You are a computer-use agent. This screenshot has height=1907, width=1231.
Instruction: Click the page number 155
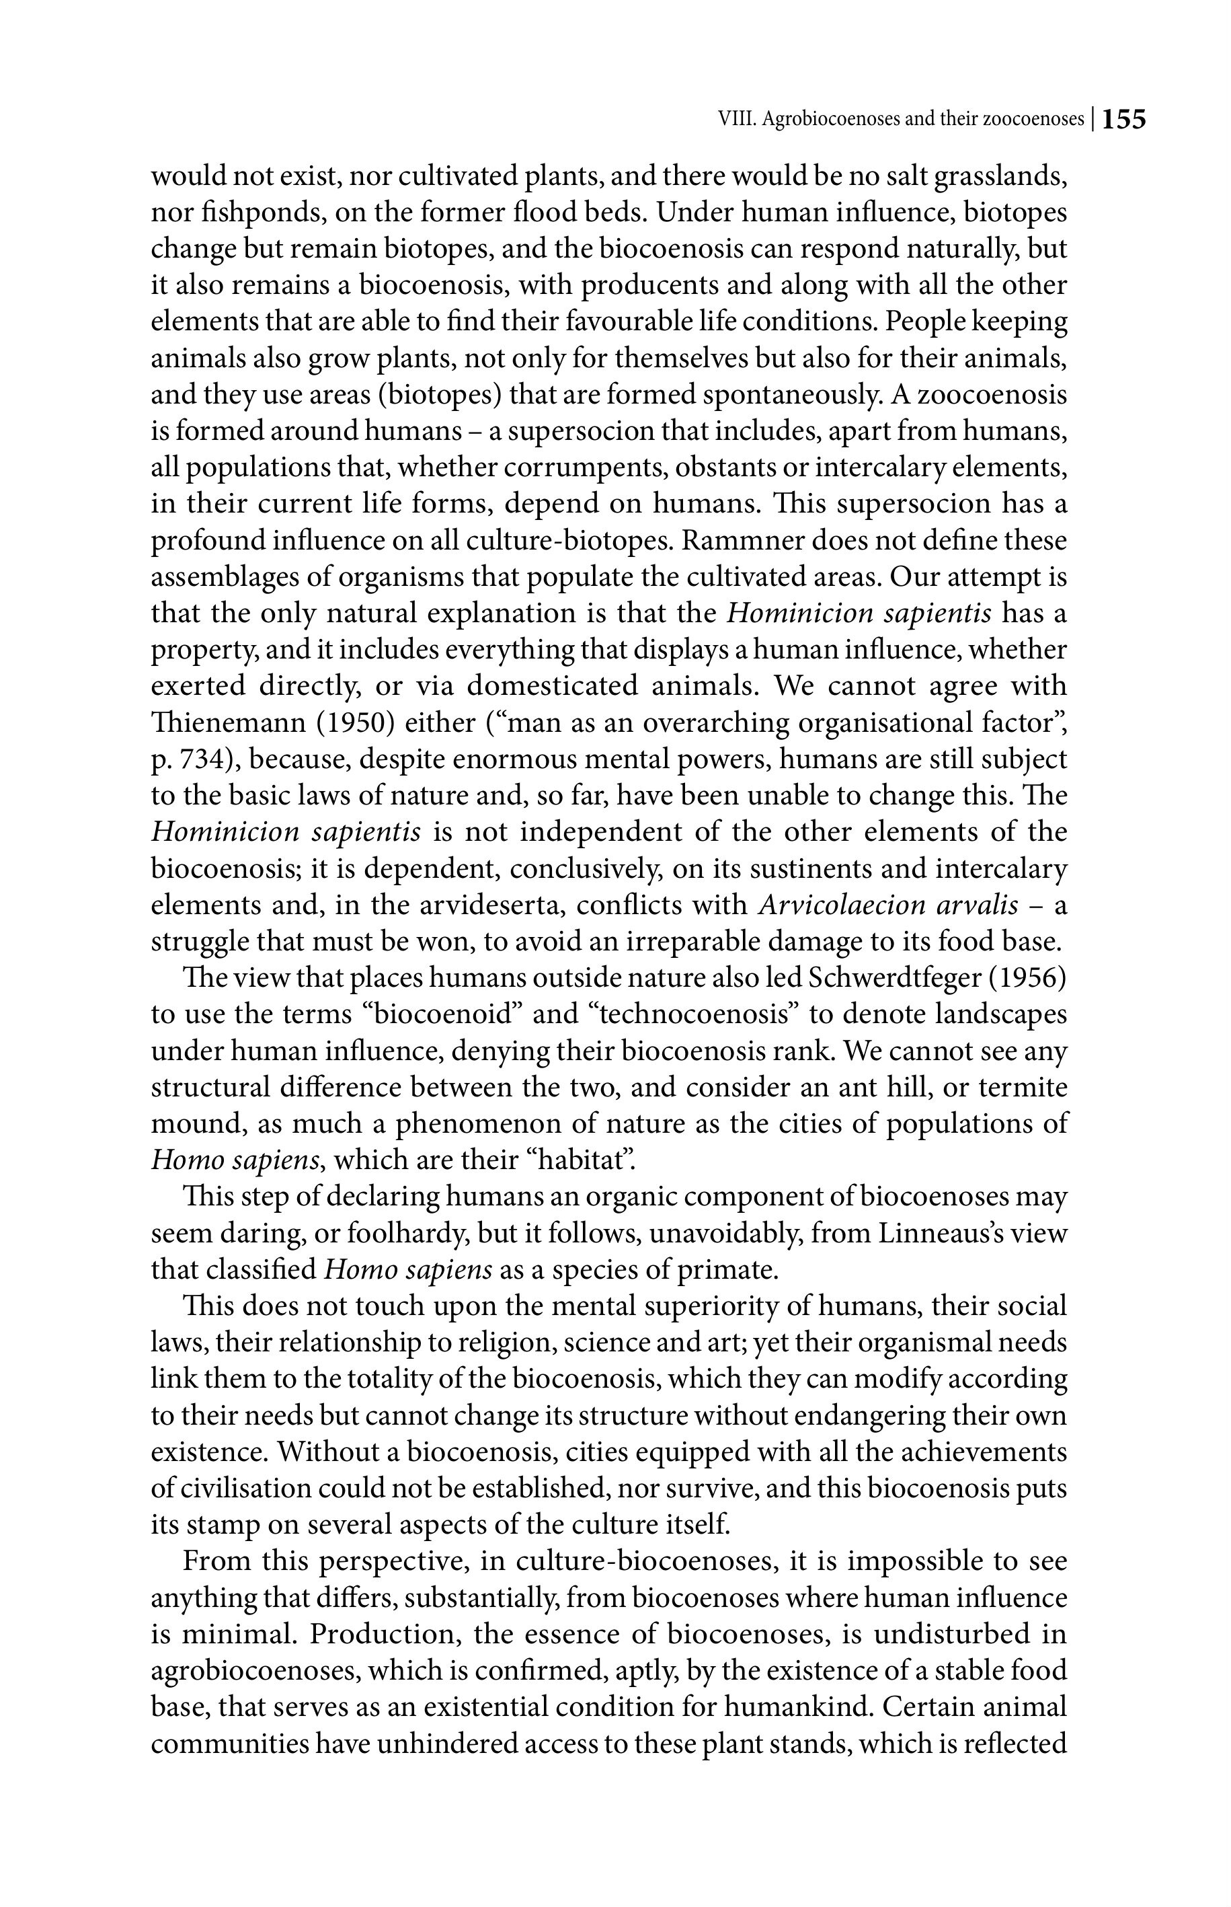click(1124, 120)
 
